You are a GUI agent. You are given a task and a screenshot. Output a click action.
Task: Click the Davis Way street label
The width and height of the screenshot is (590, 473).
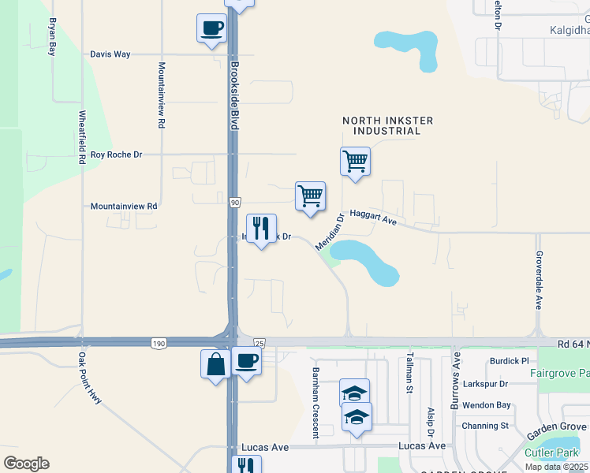point(110,54)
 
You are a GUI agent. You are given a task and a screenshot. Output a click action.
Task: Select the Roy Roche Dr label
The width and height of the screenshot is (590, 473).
point(116,155)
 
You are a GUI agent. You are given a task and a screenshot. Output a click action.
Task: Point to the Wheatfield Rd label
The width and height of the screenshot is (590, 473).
point(81,136)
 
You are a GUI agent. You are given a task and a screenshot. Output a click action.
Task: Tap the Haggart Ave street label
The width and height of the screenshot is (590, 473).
point(372,217)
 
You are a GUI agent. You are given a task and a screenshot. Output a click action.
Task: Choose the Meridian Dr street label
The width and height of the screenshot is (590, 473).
point(330,233)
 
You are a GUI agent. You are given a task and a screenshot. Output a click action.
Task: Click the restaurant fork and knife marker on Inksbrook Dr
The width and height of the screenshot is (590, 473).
point(262,229)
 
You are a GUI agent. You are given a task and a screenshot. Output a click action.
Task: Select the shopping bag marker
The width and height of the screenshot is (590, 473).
point(215,364)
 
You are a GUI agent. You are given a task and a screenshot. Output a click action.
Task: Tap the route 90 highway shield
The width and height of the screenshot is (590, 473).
point(235,203)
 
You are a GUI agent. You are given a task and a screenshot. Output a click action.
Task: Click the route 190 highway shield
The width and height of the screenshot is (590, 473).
point(159,342)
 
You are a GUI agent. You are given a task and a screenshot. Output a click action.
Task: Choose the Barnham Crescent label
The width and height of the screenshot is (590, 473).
point(315,402)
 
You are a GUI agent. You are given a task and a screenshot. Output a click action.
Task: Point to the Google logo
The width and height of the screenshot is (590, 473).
point(26,464)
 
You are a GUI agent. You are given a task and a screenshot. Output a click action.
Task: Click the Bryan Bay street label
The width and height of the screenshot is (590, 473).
point(53,37)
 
